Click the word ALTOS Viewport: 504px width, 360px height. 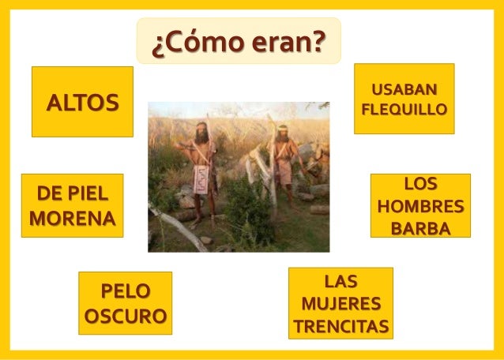82,103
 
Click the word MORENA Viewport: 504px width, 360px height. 72,217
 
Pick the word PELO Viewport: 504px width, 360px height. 125,291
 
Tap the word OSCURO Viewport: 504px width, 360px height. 125,316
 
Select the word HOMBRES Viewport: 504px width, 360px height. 420,208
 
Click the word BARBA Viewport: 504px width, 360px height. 420,230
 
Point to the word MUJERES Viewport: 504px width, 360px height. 340,304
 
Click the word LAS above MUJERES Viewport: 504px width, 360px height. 340,281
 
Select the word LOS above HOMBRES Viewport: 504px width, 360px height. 420,186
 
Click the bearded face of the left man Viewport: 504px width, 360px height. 202,135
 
